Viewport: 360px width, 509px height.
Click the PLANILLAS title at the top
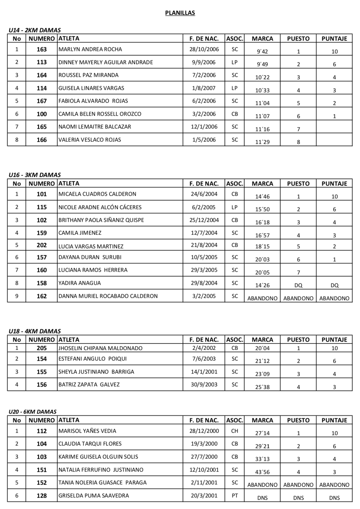click(180, 13)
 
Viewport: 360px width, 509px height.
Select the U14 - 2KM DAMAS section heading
click(34, 30)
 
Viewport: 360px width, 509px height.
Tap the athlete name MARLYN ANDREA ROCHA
click(90, 49)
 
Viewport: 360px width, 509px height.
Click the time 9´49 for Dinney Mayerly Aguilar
click(262, 64)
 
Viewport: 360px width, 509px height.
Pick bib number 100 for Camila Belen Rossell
click(41, 114)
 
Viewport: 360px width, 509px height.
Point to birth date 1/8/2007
click(204, 88)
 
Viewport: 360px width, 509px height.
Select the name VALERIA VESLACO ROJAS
click(90, 140)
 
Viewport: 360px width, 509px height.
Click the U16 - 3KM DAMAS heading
click(34, 175)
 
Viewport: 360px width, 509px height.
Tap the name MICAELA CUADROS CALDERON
click(97, 194)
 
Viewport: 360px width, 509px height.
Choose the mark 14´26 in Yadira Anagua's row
click(262, 285)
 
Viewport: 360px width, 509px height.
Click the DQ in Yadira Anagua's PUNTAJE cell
click(334, 285)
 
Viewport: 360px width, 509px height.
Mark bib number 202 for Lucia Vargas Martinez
click(41, 245)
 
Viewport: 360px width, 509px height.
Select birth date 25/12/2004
click(204, 220)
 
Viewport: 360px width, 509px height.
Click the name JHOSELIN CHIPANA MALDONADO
click(100, 348)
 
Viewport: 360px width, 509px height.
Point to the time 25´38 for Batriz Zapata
click(262, 387)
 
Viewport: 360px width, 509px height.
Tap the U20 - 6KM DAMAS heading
click(32, 412)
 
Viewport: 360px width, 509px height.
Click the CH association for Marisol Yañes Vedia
click(234, 431)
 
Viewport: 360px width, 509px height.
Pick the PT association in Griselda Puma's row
click(234, 496)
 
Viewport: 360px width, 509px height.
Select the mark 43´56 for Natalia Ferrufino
click(262, 472)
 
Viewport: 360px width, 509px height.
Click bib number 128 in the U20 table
click(41, 496)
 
